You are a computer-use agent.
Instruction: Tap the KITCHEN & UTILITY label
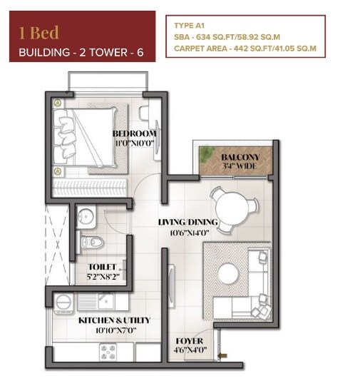(105, 321)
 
